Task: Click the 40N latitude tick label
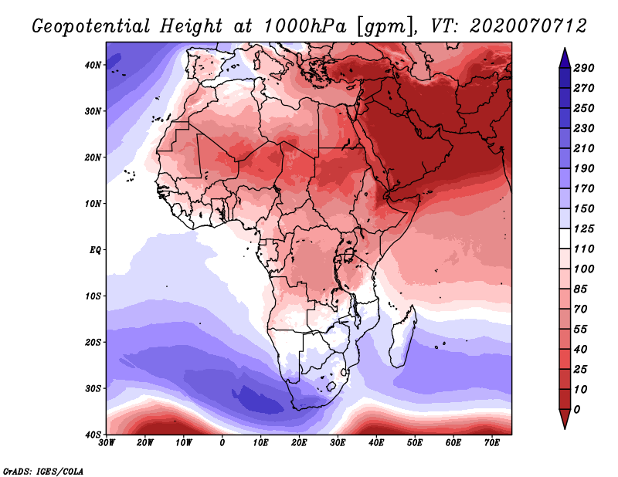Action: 93,65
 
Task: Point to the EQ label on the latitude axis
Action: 95,250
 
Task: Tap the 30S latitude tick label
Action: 93,389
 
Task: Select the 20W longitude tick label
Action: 144,443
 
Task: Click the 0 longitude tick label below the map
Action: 222,443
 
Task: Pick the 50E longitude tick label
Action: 415,443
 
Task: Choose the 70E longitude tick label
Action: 492,443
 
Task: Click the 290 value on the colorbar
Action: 584,68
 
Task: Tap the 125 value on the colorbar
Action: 584,228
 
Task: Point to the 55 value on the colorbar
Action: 581,330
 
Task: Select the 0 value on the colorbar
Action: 577,410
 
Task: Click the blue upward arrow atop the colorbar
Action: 565,58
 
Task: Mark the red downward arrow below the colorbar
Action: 565,418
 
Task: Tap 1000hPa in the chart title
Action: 305,26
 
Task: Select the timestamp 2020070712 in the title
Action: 528,26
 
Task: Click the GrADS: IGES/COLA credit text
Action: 43,472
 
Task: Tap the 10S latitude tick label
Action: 93,296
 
